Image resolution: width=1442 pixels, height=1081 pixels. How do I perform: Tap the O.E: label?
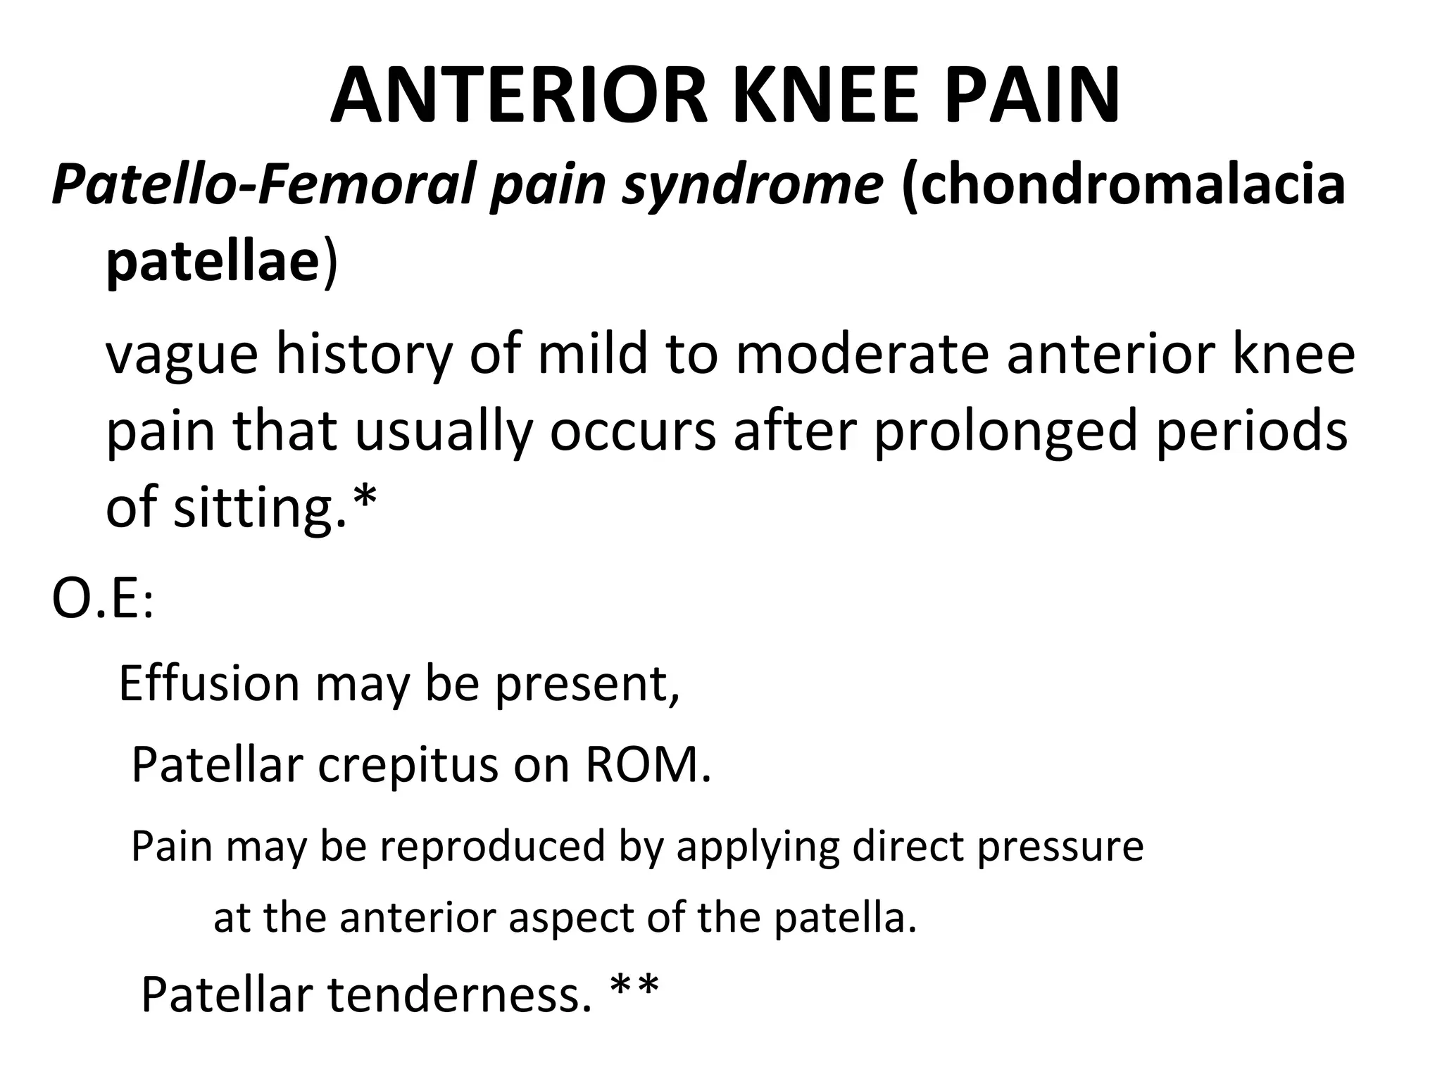click(103, 602)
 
